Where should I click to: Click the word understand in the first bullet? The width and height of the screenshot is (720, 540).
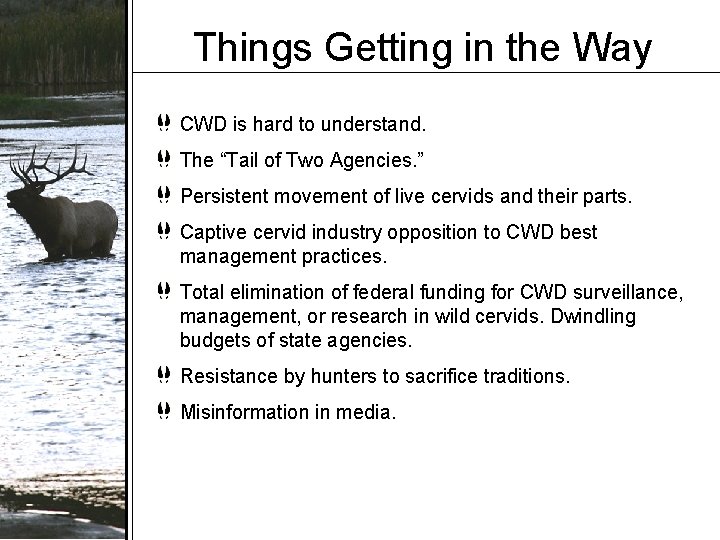pyautogui.click(x=373, y=125)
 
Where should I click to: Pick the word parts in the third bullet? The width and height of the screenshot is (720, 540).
pyautogui.click(x=609, y=197)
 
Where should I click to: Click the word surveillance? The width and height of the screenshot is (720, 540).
pyautogui.click(x=627, y=292)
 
